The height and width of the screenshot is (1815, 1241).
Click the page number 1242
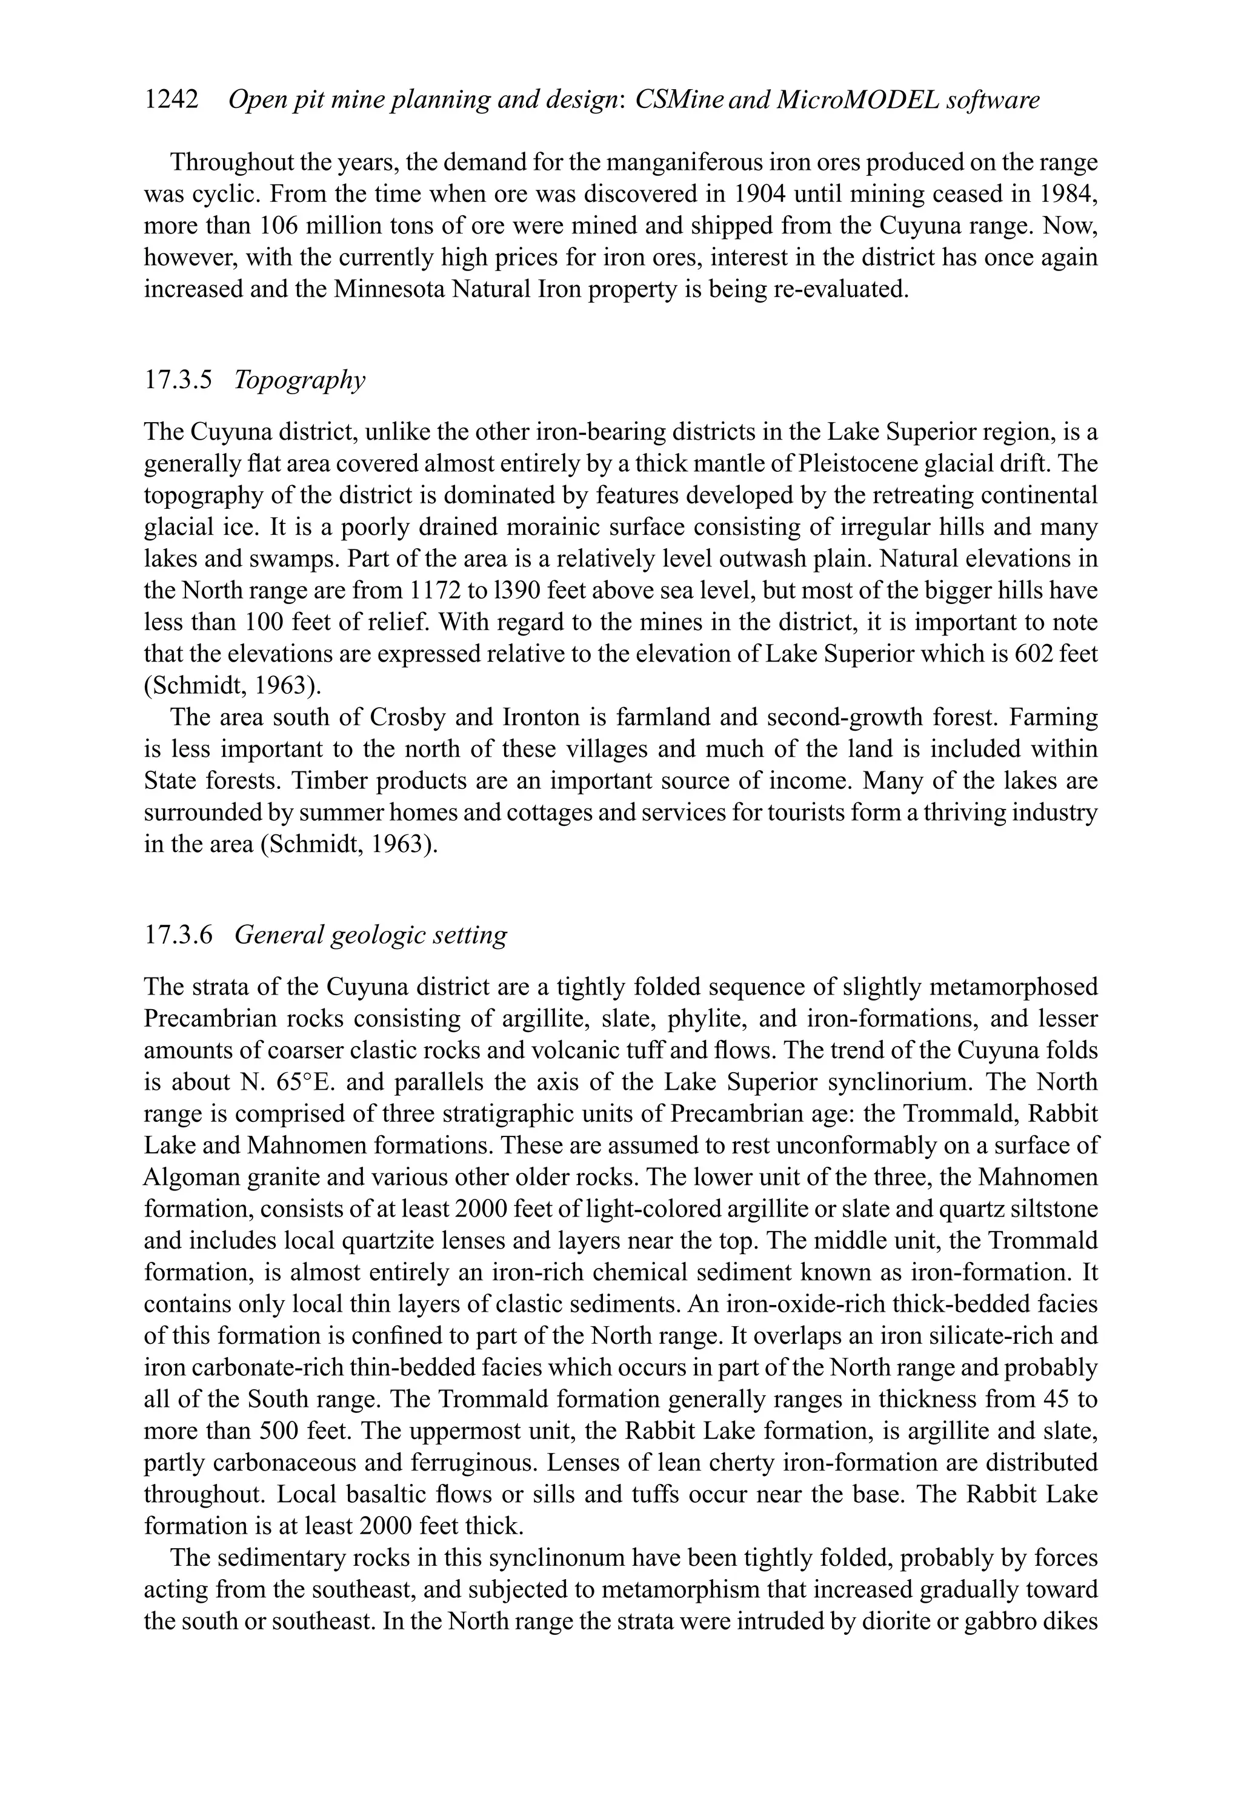pos(171,100)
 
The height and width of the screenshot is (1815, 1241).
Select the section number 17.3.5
pos(178,380)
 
